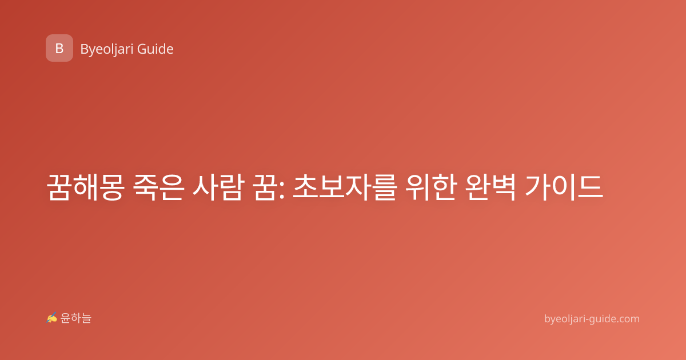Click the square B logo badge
tap(59, 48)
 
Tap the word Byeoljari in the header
tap(107, 49)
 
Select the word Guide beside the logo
tap(155, 49)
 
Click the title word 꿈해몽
tap(86, 187)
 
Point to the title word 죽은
tap(159, 187)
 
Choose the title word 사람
tap(218, 187)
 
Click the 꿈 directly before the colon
tap(264, 187)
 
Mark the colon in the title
tap(282, 190)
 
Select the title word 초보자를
tap(345, 187)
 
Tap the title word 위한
tap(430, 187)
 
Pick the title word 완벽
tap(490, 187)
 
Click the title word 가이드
tap(564, 187)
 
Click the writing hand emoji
tap(52, 318)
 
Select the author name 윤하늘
tap(75, 318)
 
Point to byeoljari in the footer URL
tap(565, 319)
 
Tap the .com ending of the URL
tap(628, 319)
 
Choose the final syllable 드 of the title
tap(591, 187)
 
